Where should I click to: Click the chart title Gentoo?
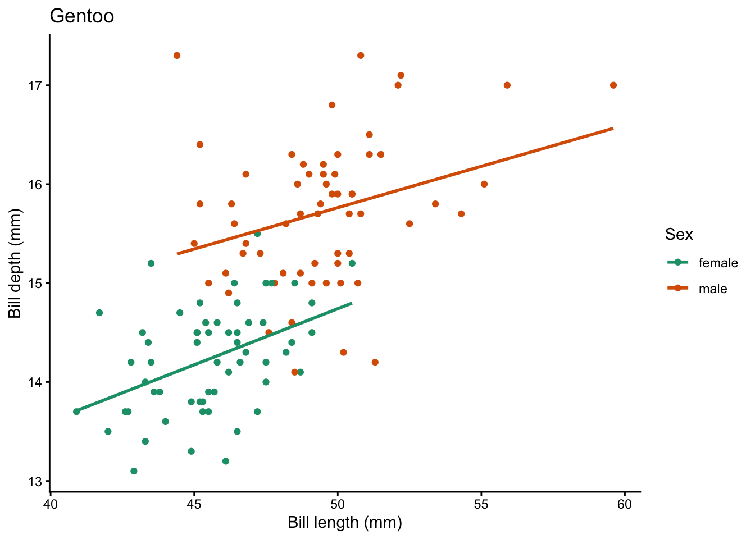pos(82,16)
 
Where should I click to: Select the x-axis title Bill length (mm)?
pos(345,523)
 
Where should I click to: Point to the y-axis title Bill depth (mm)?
pos(15,263)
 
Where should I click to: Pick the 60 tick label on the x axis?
pos(625,504)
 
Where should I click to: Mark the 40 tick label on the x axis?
pos(51,504)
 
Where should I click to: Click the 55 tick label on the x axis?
pos(481,504)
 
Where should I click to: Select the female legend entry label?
pos(718,263)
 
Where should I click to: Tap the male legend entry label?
pos(713,289)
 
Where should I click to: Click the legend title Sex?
pos(679,235)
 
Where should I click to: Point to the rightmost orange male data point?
pos(613,85)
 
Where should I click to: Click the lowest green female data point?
pos(134,471)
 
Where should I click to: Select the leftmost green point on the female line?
pos(76,412)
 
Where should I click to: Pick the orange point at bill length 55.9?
pos(507,85)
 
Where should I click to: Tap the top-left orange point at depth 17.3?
pos(177,56)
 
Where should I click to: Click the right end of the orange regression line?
pos(613,129)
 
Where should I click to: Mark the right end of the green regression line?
pos(352,303)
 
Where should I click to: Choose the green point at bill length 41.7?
pos(99,313)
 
